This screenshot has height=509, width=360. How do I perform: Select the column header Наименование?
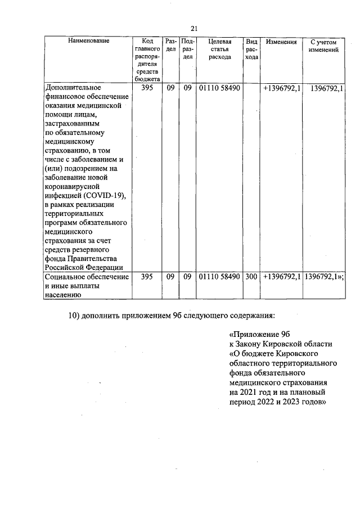pos(89,41)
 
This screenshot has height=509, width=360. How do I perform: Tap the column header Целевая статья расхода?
pos(219,49)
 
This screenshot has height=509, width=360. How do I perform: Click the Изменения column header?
pos(281,42)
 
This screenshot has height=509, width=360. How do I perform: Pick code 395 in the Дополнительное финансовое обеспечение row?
pos(147,88)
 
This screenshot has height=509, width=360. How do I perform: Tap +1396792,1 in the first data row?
pos(281,88)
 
